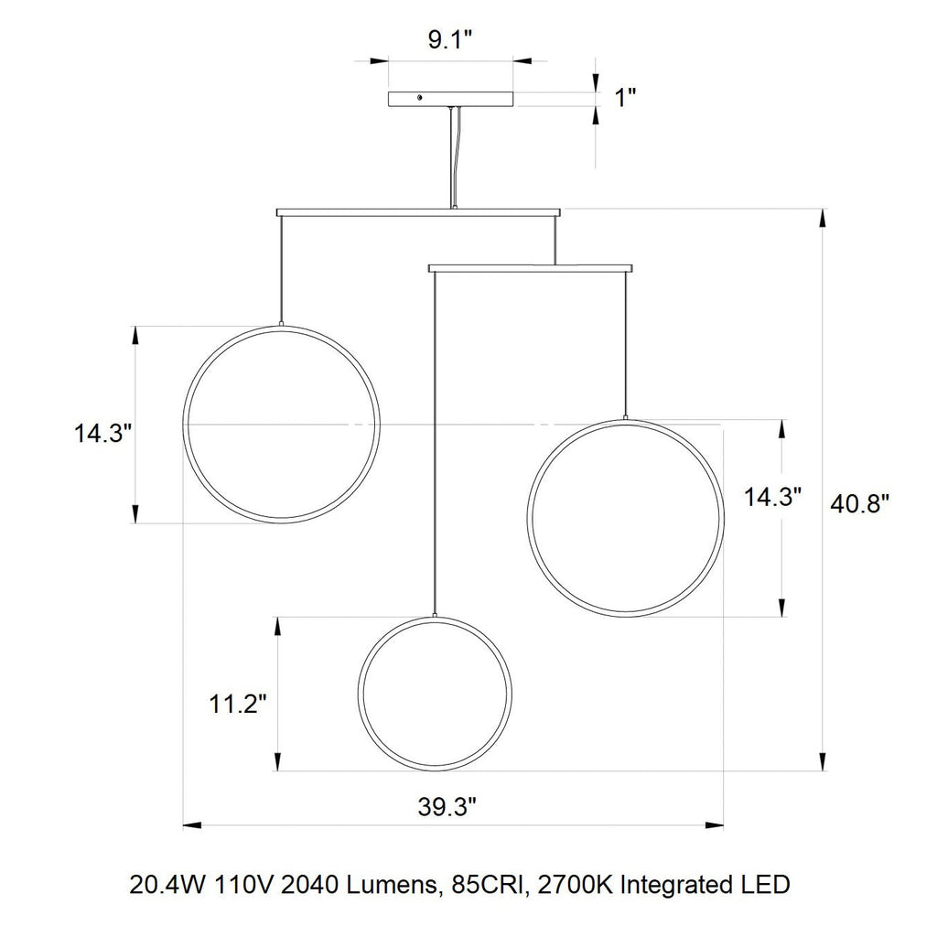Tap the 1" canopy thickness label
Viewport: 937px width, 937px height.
coord(625,98)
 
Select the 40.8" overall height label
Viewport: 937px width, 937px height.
coord(859,502)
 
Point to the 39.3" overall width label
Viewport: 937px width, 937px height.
coord(448,807)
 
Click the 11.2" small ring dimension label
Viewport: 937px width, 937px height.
coord(236,704)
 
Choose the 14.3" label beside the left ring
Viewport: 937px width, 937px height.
coord(104,433)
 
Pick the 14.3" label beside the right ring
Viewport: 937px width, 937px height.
coord(773,497)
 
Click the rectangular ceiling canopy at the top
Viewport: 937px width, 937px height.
coord(450,98)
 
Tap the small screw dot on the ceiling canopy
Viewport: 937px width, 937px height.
coord(420,97)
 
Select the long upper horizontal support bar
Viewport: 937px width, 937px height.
coord(417,212)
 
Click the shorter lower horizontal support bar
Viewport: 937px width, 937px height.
coord(530,268)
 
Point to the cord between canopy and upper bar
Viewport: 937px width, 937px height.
coord(450,156)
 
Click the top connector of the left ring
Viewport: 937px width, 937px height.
coord(281,324)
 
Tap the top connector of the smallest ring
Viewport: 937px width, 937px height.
coord(434,614)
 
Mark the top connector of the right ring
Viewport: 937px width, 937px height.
coord(625,417)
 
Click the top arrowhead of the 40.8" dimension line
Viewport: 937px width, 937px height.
coord(823,219)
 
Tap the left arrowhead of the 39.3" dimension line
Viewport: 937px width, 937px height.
coord(192,825)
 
